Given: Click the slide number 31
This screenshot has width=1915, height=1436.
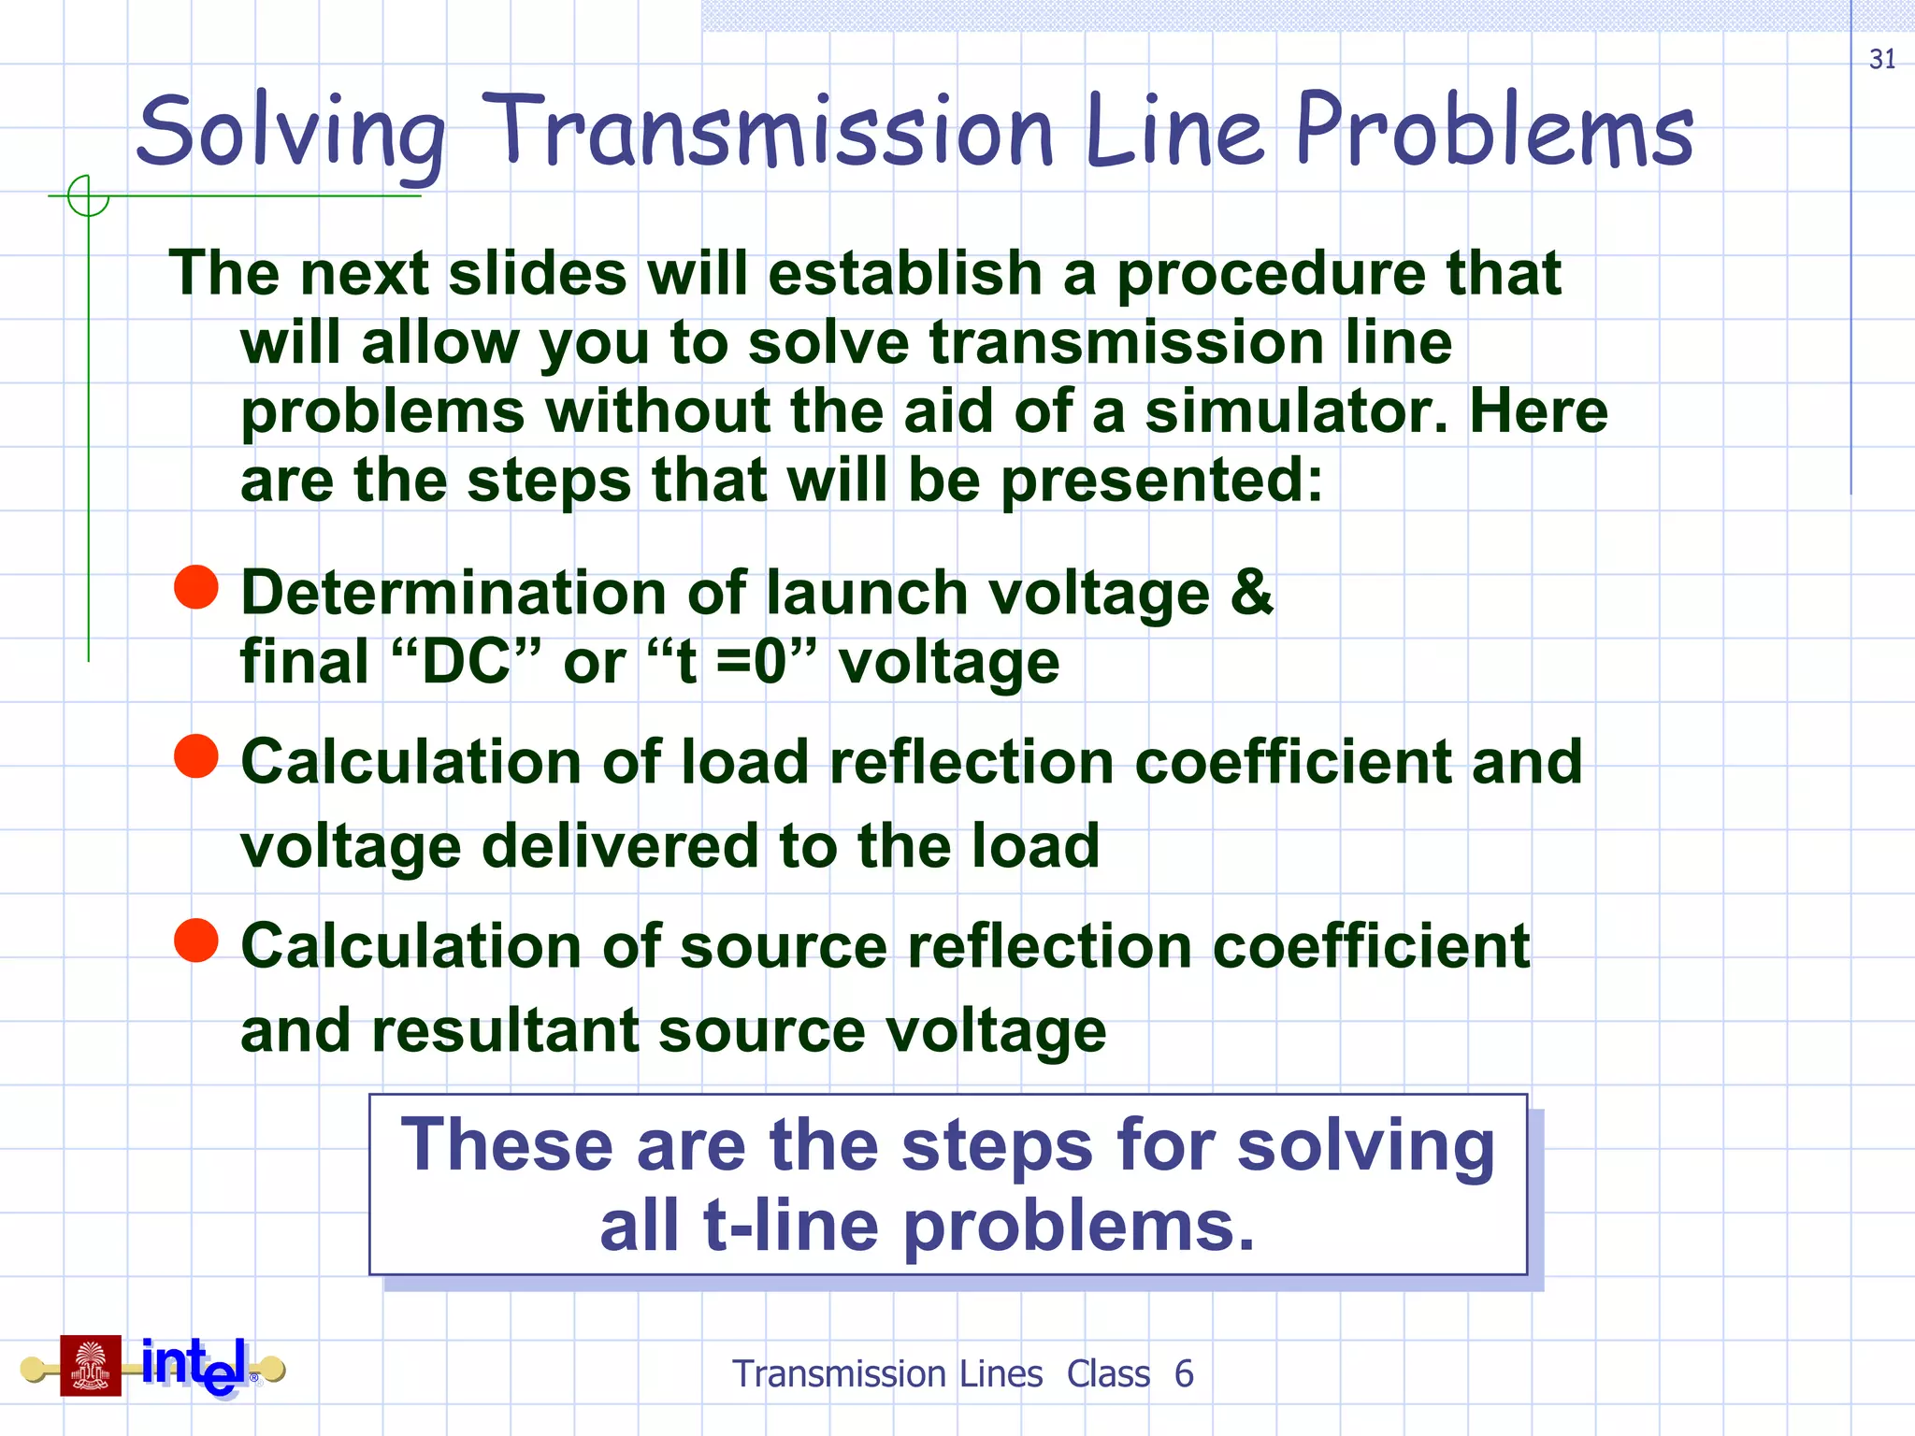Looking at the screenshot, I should [x=1881, y=59].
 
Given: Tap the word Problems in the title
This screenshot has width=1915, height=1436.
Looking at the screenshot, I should [x=1493, y=131].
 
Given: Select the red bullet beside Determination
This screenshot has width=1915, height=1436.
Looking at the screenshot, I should [x=196, y=587].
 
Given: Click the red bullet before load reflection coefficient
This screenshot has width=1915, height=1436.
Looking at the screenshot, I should [x=196, y=755].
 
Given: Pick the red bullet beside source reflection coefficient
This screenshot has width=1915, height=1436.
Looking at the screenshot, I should [x=196, y=940].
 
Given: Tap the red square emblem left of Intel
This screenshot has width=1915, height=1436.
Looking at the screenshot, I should [x=91, y=1366].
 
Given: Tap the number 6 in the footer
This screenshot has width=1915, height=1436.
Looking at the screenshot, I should [x=1184, y=1373].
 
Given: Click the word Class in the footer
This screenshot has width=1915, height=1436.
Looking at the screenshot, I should [x=1108, y=1373].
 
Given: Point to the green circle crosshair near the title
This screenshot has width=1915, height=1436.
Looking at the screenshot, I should [x=88, y=196].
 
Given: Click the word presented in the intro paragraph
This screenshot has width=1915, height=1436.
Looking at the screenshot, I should [x=1162, y=481].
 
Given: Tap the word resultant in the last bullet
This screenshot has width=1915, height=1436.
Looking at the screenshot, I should [x=504, y=1031].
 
